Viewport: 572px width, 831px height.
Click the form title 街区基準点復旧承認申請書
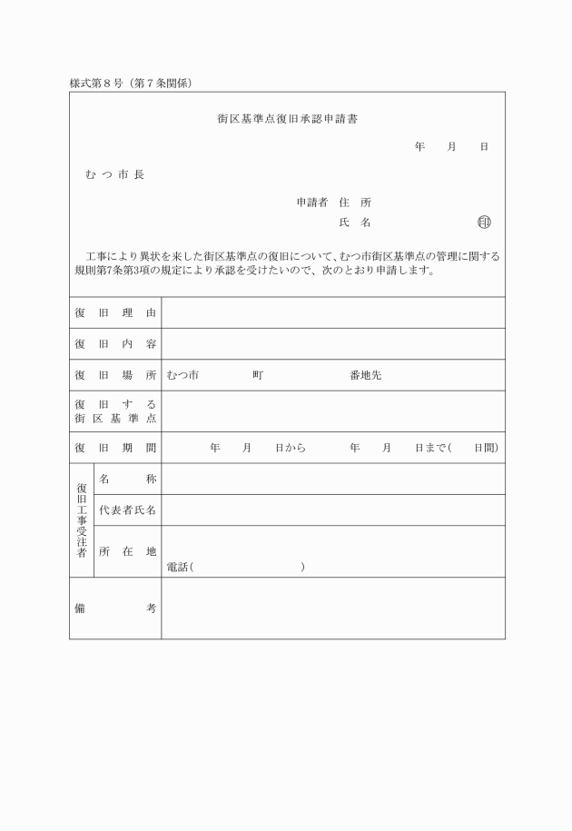click(x=286, y=119)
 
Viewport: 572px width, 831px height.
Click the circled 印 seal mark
click(x=484, y=222)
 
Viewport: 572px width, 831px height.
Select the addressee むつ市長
click(x=114, y=174)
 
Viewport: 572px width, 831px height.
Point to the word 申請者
click(x=312, y=203)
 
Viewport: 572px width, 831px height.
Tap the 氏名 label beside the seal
click(x=354, y=222)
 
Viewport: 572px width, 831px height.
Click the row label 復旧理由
click(x=115, y=313)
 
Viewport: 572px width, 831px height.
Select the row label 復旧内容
click(x=115, y=344)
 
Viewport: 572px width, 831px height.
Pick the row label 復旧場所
click(x=115, y=375)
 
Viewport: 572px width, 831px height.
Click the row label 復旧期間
click(x=115, y=448)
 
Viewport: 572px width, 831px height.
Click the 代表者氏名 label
click(x=128, y=510)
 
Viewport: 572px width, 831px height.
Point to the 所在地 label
click(x=128, y=551)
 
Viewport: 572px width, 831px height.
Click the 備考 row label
click(x=115, y=608)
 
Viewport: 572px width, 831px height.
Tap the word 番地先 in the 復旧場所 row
click(x=365, y=375)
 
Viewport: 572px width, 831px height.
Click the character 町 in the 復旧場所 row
click(x=259, y=375)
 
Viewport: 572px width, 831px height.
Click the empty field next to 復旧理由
click(x=332, y=313)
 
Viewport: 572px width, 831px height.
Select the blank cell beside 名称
click(x=332, y=479)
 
